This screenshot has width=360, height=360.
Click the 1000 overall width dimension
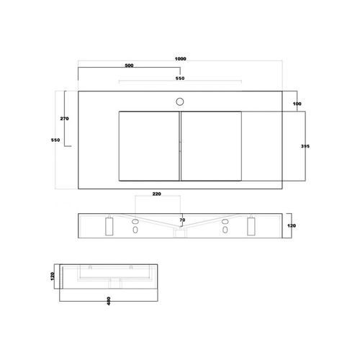click(179, 60)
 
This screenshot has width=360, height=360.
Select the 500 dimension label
click(129, 66)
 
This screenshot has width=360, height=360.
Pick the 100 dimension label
click(297, 104)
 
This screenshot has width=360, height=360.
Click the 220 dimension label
click(157, 193)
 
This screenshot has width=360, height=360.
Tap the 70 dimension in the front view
click(182, 220)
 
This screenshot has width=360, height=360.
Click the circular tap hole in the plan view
click(180, 101)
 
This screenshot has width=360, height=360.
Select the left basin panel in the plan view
click(147, 145)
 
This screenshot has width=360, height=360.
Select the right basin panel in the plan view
click(211, 145)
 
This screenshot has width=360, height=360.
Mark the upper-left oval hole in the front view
click(135, 221)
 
